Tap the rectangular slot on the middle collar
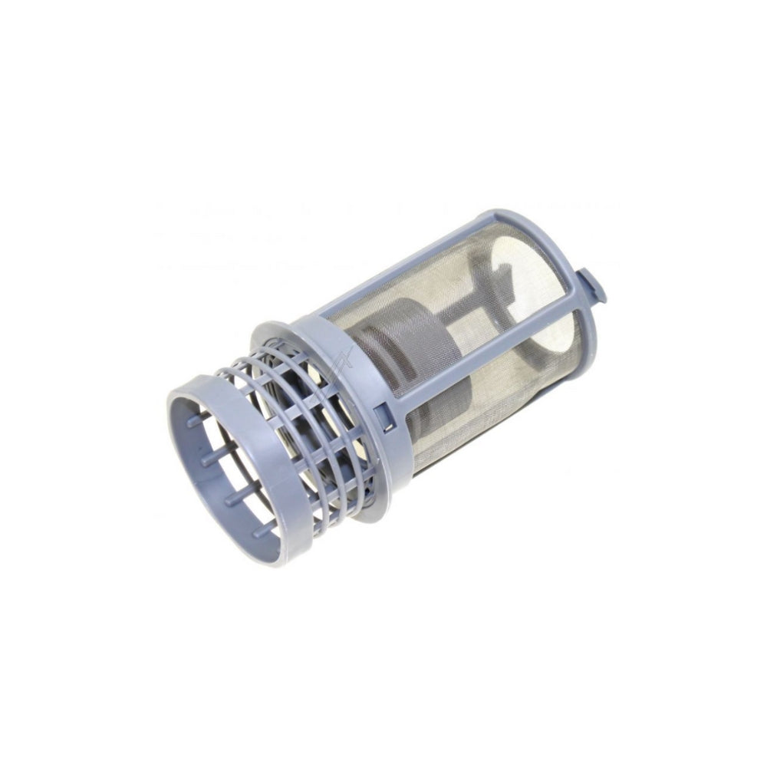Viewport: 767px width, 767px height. point(380,415)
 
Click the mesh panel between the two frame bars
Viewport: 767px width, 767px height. point(460,322)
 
